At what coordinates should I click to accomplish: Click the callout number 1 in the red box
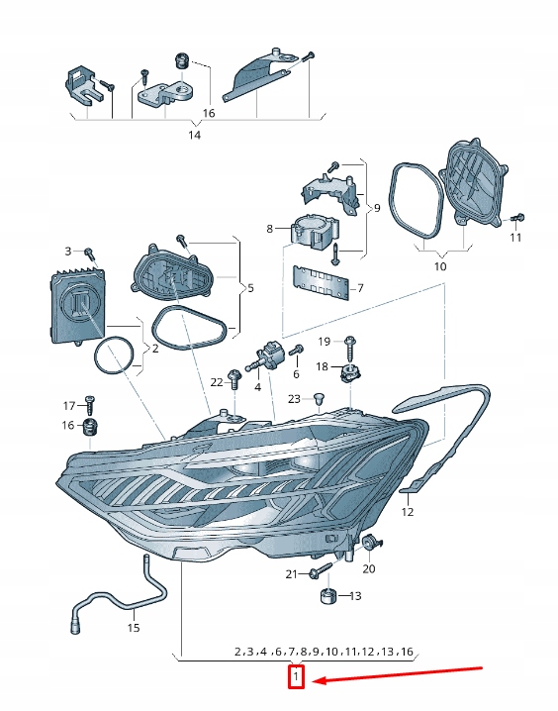tap(296, 677)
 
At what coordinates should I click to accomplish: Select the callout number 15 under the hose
tap(134, 628)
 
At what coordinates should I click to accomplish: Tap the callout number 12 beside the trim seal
tap(408, 512)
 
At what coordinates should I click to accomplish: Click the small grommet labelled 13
tap(327, 596)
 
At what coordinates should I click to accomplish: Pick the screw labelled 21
tap(321, 569)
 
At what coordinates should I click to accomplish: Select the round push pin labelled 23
tap(320, 400)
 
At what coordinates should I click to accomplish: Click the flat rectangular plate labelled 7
tap(321, 283)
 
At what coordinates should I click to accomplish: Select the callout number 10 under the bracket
tap(440, 266)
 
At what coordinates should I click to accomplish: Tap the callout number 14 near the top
tap(194, 135)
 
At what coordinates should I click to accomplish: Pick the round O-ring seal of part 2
tap(115, 355)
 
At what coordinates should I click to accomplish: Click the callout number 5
tap(251, 288)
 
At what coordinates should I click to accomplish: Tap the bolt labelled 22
tap(234, 379)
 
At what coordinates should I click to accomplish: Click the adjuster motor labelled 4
tap(264, 356)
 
